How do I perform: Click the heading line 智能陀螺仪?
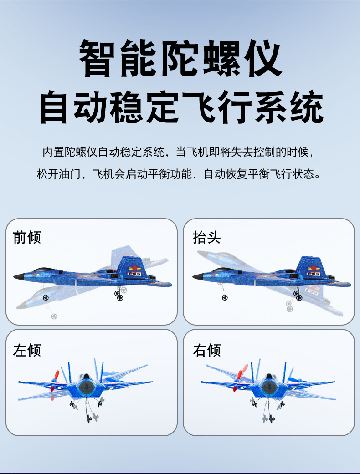(x=180, y=58)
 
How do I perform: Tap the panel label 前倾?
(x=27, y=237)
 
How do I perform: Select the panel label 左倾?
(x=27, y=350)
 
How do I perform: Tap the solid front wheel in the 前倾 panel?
(x=46, y=297)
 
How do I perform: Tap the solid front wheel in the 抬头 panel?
(x=225, y=297)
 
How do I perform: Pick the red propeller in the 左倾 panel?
(x=55, y=379)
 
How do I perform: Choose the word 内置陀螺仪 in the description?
(x=69, y=152)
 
